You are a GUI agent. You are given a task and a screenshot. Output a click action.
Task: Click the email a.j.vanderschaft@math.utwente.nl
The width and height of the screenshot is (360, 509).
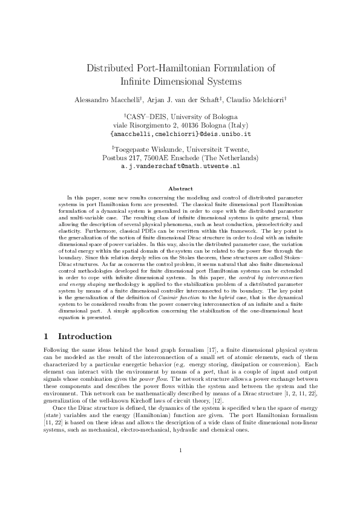tap(180, 165)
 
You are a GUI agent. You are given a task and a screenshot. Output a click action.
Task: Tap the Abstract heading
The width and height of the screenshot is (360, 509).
tap(180, 189)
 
